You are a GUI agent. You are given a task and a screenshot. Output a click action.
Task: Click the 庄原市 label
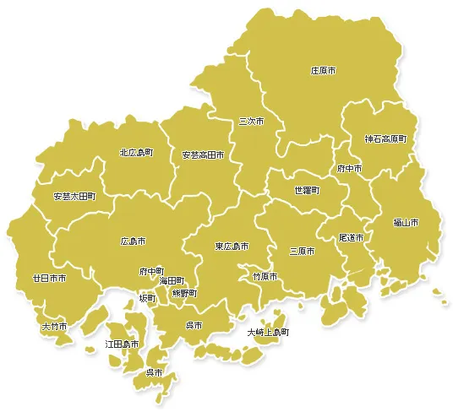tap(323, 71)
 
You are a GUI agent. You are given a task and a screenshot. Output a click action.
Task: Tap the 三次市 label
tap(251, 122)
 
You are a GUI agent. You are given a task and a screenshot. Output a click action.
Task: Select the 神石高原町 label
tap(385, 138)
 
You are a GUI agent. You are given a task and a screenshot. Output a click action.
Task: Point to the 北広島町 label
tap(136, 153)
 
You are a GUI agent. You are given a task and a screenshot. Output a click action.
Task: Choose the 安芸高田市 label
tap(203, 155)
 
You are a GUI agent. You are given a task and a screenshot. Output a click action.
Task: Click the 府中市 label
tap(349, 169)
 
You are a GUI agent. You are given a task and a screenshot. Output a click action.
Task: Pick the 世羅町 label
tap(307, 191)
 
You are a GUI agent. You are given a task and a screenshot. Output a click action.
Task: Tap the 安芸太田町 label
tap(74, 196)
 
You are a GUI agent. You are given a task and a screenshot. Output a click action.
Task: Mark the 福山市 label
tap(406, 223)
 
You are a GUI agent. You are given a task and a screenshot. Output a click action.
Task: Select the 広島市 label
tap(133, 241)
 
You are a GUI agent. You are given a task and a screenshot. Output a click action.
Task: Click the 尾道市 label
tap(351, 239)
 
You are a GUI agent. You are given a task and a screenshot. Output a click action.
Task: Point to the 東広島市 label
tap(232, 247)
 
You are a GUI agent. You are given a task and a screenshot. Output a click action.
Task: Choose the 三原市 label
tap(302, 251)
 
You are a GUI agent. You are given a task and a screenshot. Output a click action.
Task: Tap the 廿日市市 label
tap(50, 278)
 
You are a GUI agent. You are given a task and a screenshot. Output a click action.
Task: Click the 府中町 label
tap(151, 272)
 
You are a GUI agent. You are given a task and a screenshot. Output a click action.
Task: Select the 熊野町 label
tap(184, 293)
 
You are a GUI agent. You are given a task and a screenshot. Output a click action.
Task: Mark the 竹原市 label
tap(265, 276)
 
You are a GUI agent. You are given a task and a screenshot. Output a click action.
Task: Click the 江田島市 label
tap(122, 344)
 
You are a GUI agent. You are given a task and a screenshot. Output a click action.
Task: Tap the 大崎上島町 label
tap(268, 333)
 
